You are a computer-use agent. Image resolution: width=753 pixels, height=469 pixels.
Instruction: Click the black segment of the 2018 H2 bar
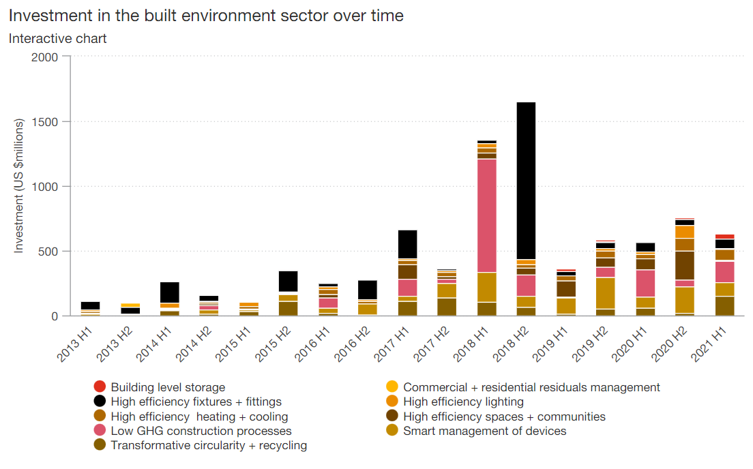pyautogui.click(x=526, y=181)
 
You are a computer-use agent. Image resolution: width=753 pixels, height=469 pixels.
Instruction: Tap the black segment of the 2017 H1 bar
pyautogui.click(x=407, y=244)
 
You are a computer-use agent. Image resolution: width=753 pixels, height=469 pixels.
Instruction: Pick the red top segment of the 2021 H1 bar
pyautogui.click(x=724, y=237)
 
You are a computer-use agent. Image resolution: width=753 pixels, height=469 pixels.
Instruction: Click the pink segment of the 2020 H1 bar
pyautogui.click(x=645, y=284)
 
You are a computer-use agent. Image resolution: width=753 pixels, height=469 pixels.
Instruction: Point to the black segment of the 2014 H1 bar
pyautogui.click(x=169, y=292)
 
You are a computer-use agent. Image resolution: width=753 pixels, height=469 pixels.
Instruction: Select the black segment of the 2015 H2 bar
pyautogui.click(x=288, y=281)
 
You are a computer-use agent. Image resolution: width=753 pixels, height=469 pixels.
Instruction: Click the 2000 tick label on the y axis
pyautogui.click(x=46, y=57)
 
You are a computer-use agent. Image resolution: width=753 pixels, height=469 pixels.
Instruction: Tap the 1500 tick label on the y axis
pyautogui.click(x=46, y=121)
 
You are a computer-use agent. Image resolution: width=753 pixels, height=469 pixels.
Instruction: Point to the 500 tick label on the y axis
pyautogui.click(x=49, y=252)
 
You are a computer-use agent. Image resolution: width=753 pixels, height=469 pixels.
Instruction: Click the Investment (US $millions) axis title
pyautogui.click(x=19, y=185)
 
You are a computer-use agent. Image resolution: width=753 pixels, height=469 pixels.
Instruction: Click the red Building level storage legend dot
pyautogui.click(x=100, y=387)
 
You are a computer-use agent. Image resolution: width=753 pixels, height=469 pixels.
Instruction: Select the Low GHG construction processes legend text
pyautogui.click(x=201, y=431)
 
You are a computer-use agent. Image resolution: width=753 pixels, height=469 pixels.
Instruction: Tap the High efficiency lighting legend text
pyautogui.click(x=463, y=402)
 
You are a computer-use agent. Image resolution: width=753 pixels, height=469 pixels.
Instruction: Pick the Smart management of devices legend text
pyautogui.click(x=484, y=431)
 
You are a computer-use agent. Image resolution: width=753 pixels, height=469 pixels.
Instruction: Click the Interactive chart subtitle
pyautogui.click(x=57, y=38)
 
